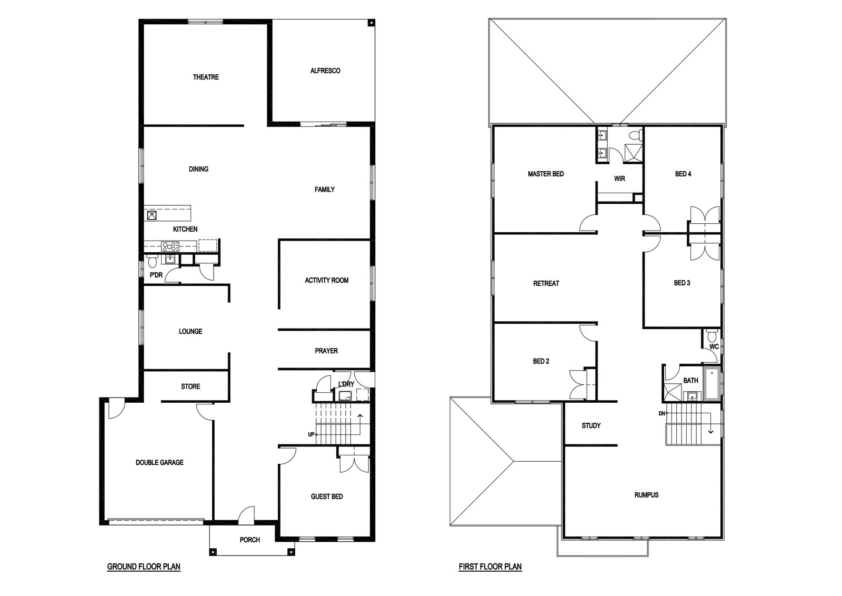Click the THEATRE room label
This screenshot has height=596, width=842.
pos(206,77)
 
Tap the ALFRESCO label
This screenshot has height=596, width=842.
pos(325,71)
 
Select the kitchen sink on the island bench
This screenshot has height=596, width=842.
pos(152,215)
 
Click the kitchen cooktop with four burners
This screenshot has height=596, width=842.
pos(170,247)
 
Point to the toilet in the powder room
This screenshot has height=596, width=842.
pos(152,260)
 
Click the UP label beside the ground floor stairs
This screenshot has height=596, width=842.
pos(311,434)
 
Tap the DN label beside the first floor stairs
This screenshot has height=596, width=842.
pos(662,414)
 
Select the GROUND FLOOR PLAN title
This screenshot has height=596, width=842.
pos(144,567)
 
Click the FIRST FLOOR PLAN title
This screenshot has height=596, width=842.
pos(490,567)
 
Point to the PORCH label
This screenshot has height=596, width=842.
pos(249,540)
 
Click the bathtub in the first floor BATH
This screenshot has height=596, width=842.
pos(711,384)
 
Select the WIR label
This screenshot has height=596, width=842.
pos(619,178)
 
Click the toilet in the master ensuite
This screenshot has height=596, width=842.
pos(636,134)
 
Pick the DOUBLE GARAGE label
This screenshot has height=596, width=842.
pos(159,462)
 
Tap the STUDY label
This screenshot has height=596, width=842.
pos(591,425)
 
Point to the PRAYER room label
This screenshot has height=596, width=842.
pos(326,351)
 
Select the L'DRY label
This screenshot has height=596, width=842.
pos(346,384)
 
